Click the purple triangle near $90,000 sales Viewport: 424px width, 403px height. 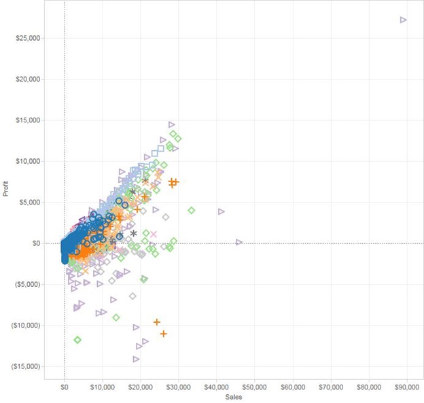tap(403, 20)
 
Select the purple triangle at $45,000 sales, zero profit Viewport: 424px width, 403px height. tap(238, 242)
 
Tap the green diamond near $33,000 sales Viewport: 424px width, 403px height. tap(191, 210)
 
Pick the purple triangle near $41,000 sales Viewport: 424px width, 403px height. tap(222, 211)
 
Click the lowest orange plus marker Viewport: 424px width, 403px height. tap(163, 334)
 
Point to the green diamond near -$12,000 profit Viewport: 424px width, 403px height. tap(77, 339)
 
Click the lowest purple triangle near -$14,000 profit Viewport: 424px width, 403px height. tap(137, 359)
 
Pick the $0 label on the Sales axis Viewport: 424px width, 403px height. tap(65, 387)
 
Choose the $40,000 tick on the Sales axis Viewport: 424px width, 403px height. tap(216, 387)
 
